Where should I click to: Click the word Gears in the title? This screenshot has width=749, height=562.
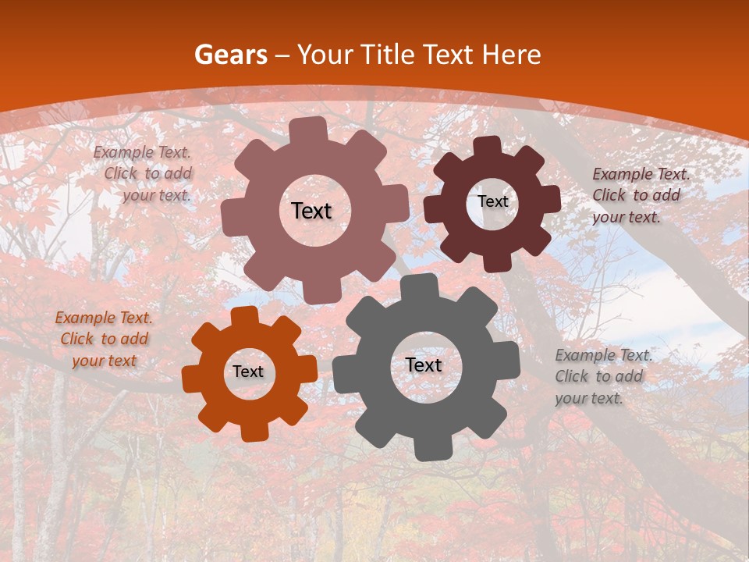[230, 55]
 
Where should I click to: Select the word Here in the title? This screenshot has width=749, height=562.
[512, 55]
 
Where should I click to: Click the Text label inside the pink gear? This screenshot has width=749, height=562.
[311, 211]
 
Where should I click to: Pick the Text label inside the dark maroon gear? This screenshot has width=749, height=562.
[492, 201]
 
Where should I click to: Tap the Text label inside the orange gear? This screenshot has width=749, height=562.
[247, 372]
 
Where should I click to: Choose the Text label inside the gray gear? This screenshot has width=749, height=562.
[423, 365]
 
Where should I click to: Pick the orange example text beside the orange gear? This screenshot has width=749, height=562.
[103, 340]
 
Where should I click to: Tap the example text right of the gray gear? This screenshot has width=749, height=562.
[602, 376]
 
